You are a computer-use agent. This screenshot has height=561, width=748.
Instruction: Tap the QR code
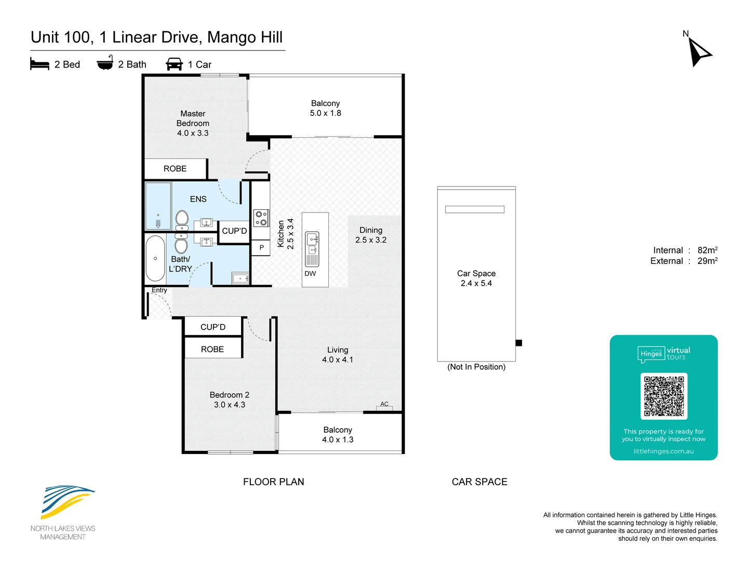point(663,396)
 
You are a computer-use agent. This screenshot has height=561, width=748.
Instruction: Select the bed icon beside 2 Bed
point(39,64)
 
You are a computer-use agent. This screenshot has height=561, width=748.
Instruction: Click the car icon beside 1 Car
point(174,64)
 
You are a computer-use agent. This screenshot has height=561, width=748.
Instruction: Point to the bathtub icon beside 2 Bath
point(105,62)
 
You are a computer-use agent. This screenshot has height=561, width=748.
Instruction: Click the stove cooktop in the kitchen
point(261,218)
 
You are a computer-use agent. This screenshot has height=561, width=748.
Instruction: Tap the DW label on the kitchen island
point(310,274)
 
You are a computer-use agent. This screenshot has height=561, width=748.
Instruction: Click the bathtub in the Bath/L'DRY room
point(155,258)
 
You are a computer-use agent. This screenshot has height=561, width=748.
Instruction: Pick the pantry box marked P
point(261,248)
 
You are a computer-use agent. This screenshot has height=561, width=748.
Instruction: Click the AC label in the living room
point(384,404)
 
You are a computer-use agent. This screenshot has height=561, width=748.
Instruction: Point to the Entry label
point(159,290)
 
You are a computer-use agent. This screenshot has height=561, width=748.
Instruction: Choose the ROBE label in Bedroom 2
point(212,349)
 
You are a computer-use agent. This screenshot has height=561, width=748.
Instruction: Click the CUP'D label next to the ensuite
point(234,231)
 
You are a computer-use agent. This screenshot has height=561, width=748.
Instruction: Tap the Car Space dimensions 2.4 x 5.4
point(476,283)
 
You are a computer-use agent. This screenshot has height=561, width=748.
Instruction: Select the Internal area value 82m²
point(707,250)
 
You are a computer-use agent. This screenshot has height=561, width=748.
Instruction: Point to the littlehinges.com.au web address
point(663,451)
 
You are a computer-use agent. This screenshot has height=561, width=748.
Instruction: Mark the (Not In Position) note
point(476,367)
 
